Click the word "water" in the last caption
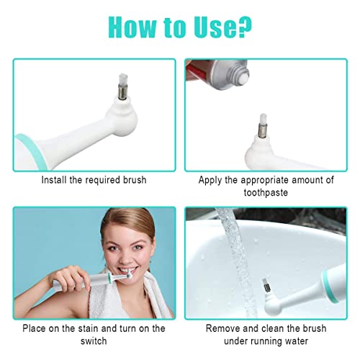297,341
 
